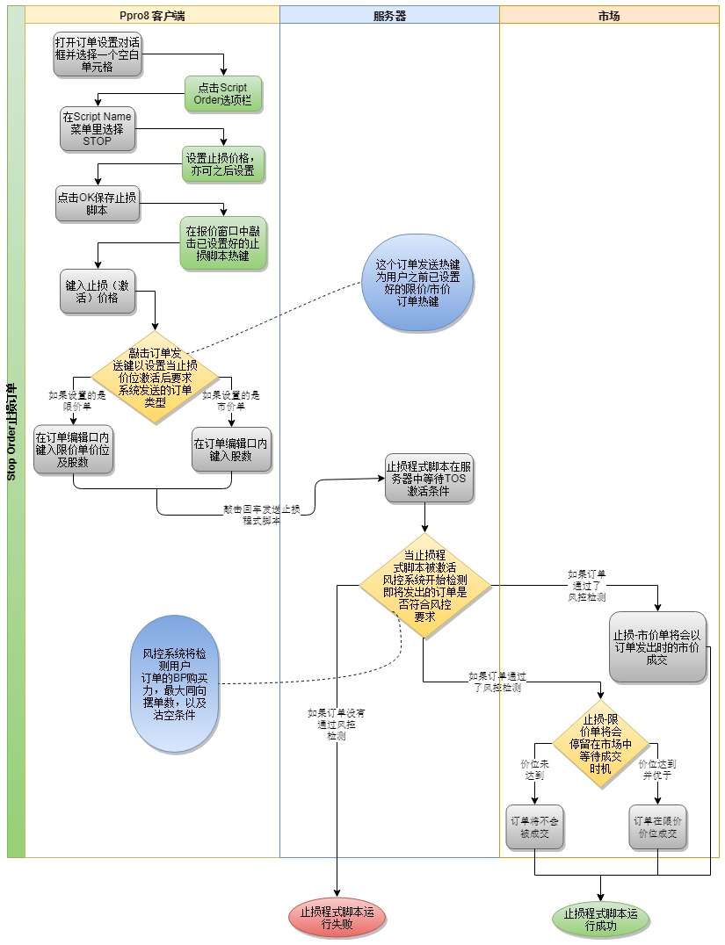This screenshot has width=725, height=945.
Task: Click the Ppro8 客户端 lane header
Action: [152, 15]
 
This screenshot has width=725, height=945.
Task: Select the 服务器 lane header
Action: [389, 15]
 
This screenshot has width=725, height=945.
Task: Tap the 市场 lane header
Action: [608, 15]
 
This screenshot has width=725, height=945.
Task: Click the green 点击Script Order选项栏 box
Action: [224, 94]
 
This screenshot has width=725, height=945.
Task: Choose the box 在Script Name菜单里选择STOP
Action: [97, 129]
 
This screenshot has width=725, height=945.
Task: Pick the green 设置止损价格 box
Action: [223, 164]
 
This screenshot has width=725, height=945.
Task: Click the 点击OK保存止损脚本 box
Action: [97, 204]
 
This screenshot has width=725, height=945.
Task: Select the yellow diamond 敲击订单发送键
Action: [156, 377]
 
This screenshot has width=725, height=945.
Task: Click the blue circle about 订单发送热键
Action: [418, 283]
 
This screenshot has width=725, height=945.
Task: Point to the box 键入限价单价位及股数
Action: [74, 450]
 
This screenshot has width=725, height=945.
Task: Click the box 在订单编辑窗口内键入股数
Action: [232, 450]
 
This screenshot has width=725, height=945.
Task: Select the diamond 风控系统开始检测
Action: [424, 586]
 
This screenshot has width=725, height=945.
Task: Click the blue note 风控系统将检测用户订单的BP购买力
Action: [174, 683]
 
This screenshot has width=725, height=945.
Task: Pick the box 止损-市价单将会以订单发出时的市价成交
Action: [658, 646]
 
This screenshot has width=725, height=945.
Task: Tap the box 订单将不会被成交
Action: [534, 826]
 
